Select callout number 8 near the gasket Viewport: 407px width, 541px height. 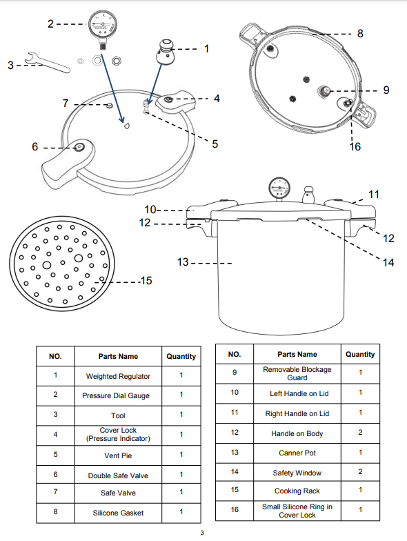(x=359, y=33)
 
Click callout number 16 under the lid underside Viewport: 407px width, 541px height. (x=355, y=146)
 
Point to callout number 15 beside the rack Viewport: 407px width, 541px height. (x=146, y=280)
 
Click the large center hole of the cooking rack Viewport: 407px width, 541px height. (x=48, y=265)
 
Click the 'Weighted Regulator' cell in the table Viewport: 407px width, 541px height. (x=118, y=377)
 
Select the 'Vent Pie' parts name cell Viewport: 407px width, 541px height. (x=118, y=456)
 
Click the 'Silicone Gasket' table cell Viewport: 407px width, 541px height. (x=118, y=513)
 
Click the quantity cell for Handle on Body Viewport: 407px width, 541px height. (x=360, y=433)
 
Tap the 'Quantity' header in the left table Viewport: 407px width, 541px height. (x=181, y=356)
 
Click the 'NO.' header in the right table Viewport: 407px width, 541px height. (x=235, y=354)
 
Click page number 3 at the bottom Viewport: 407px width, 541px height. (x=202, y=532)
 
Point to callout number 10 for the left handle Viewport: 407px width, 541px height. (x=151, y=209)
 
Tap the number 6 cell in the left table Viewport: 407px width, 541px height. (x=55, y=475)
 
